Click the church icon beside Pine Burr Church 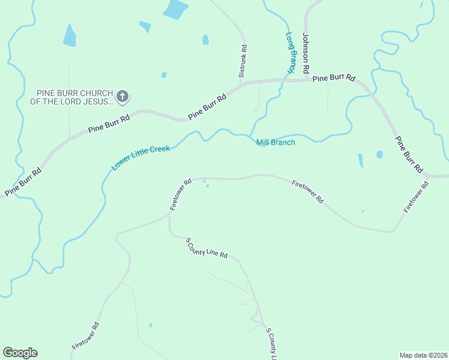pos(122,95)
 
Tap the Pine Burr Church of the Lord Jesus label pos(74,97)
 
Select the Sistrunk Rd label pos(243,61)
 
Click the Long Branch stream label pos(291,53)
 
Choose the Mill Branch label pos(276,142)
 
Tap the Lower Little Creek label pos(140,157)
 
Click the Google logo pos(20,353)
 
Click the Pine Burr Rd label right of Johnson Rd pos(334,78)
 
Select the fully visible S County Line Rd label pos(206,247)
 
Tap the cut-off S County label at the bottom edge pos(271,345)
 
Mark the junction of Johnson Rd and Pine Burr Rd pos(307,79)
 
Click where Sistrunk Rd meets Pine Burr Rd pos(243,83)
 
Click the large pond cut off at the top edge pos(175,8)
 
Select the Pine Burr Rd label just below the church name pos(109,123)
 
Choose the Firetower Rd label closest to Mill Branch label pos(307,192)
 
